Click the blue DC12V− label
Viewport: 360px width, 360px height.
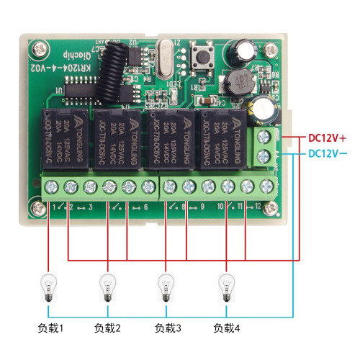(x=328, y=153)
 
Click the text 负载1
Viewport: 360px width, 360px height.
(x=50, y=329)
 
